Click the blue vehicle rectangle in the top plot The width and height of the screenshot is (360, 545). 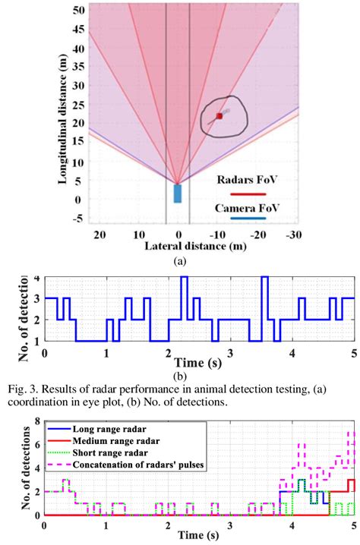coord(178,194)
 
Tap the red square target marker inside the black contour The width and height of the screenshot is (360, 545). coord(219,115)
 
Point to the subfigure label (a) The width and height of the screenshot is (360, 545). coord(179,260)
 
